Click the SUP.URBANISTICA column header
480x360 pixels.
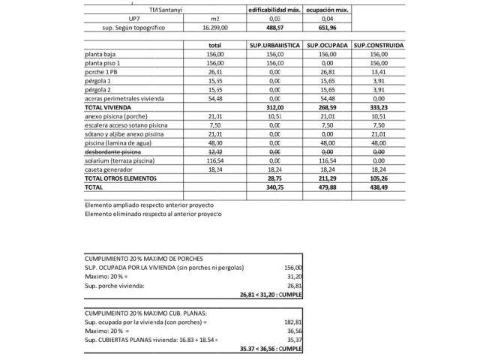[274, 46]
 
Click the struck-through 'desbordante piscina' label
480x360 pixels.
[114, 151]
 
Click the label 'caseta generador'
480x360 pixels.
[110, 169]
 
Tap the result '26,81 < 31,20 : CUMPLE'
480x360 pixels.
[271, 294]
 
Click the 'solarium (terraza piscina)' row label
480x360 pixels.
[124, 160]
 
